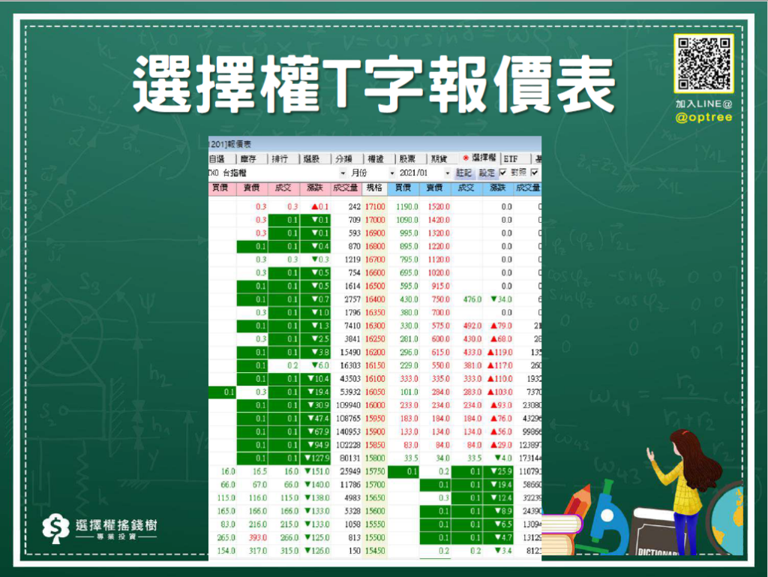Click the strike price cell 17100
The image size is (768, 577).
pyautogui.click(x=375, y=206)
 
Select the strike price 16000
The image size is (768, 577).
pyautogui.click(x=375, y=404)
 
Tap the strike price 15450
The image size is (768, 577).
pyautogui.click(x=375, y=550)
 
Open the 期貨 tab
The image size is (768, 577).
pyautogui.click(x=439, y=159)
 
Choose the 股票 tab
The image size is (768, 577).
pyautogui.click(x=408, y=159)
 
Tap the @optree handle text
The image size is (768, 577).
pyautogui.click(x=703, y=117)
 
